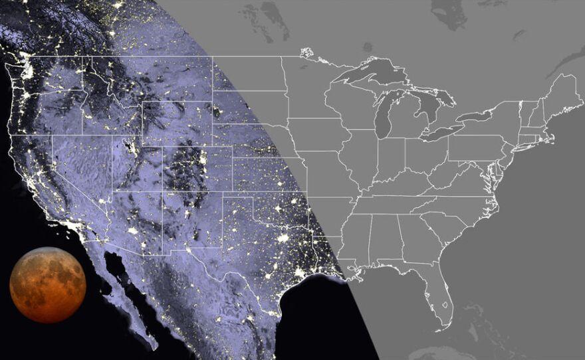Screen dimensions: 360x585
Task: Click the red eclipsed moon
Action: pos(48,284)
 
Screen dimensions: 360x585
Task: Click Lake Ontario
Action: pos(483,116)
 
